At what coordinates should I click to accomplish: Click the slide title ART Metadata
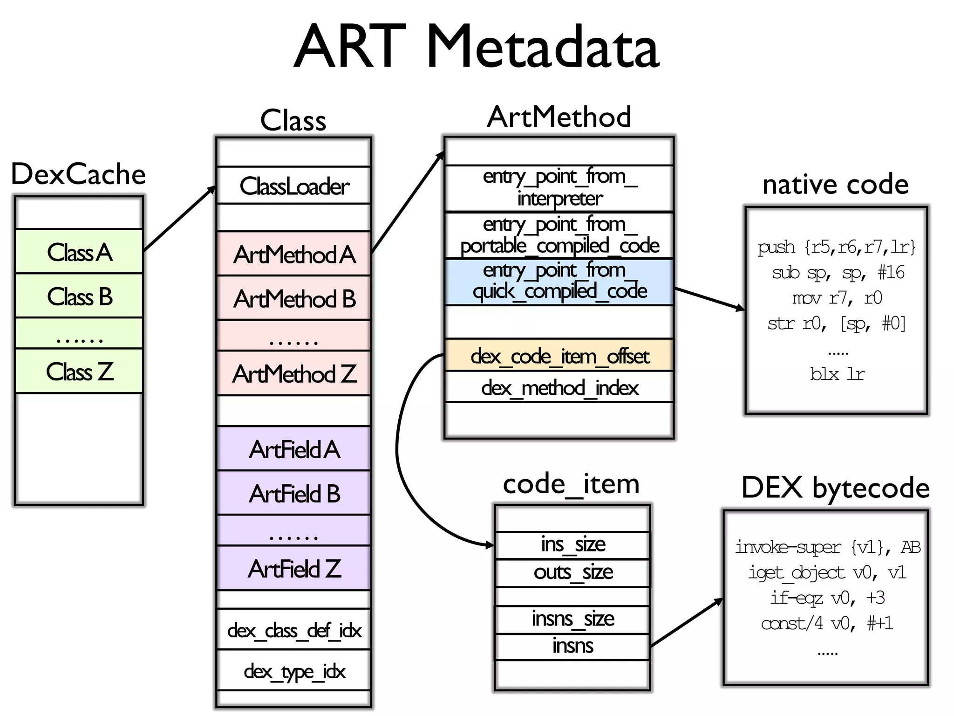pyautogui.click(x=476, y=47)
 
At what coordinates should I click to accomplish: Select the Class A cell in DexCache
pyautogui.click(x=79, y=252)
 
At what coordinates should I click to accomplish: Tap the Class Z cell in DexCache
pyautogui.click(x=79, y=372)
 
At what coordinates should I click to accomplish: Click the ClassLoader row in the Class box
pyautogui.click(x=294, y=186)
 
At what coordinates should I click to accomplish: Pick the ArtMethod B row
pyautogui.click(x=294, y=298)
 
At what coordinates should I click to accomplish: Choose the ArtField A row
pyautogui.click(x=294, y=449)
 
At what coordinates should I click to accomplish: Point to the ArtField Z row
pyautogui.click(x=294, y=569)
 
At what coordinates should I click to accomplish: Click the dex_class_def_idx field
pyautogui.click(x=294, y=630)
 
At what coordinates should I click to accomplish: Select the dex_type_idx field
pyautogui.click(x=294, y=671)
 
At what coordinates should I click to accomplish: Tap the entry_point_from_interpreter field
pyautogui.click(x=559, y=188)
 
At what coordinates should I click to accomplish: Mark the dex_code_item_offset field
pyautogui.click(x=559, y=356)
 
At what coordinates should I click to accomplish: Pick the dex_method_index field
pyautogui.click(x=559, y=387)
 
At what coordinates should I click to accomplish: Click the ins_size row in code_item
pyautogui.click(x=572, y=544)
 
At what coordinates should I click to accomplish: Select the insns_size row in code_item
pyautogui.click(x=572, y=619)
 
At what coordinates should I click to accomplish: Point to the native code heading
pyautogui.click(x=835, y=184)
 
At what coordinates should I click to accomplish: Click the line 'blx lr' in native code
pyautogui.click(x=837, y=374)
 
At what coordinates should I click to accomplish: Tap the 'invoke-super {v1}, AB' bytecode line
pyautogui.click(x=827, y=547)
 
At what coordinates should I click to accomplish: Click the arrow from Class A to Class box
pyautogui.click(x=179, y=219)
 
